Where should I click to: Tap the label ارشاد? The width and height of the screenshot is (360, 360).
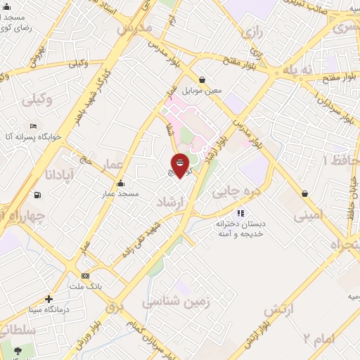[171, 202]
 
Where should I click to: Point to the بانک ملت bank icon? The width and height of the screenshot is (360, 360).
[86, 276]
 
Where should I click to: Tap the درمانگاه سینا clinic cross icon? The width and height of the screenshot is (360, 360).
[49, 299]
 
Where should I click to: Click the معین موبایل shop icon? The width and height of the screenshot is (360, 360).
[202, 80]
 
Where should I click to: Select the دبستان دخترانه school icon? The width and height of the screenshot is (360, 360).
[240, 213]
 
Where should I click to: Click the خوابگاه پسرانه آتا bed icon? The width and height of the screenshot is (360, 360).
[33, 126]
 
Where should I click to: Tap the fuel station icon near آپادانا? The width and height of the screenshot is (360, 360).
[36, 195]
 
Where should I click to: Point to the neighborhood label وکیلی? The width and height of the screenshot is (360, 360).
[37, 101]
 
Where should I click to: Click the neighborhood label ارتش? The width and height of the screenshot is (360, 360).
[278, 310]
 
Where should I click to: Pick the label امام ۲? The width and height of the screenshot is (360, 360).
[320, 340]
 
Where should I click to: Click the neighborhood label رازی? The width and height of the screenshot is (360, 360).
[252, 32]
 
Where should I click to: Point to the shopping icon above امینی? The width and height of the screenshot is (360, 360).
[304, 193]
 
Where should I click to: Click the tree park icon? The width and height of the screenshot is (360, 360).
[16, 350]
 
